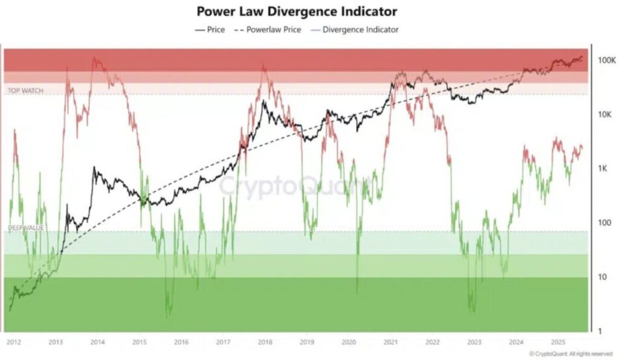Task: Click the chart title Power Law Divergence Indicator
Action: coord(297,11)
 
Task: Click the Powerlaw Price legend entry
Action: coord(270,29)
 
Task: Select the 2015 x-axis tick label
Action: coord(139,342)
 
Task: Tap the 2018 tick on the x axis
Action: coord(264,342)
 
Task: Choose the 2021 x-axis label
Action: coord(390,342)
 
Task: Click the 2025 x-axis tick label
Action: coord(557,342)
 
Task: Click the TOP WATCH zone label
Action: coord(25,91)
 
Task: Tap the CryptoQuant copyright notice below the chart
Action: coord(565,353)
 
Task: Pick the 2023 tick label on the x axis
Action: coord(474,342)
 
